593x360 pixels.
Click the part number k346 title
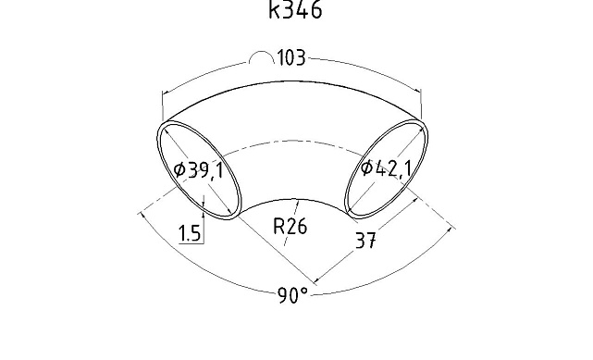[295, 9]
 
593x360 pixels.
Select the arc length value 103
[291, 58]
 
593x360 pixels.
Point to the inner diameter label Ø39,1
[199, 170]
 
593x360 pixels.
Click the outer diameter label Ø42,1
[386, 168]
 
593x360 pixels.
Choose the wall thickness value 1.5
[189, 233]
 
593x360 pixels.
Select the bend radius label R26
[290, 227]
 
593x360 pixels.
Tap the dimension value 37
[365, 240]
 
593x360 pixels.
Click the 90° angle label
[292, 295]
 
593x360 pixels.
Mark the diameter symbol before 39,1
[179, 169]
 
